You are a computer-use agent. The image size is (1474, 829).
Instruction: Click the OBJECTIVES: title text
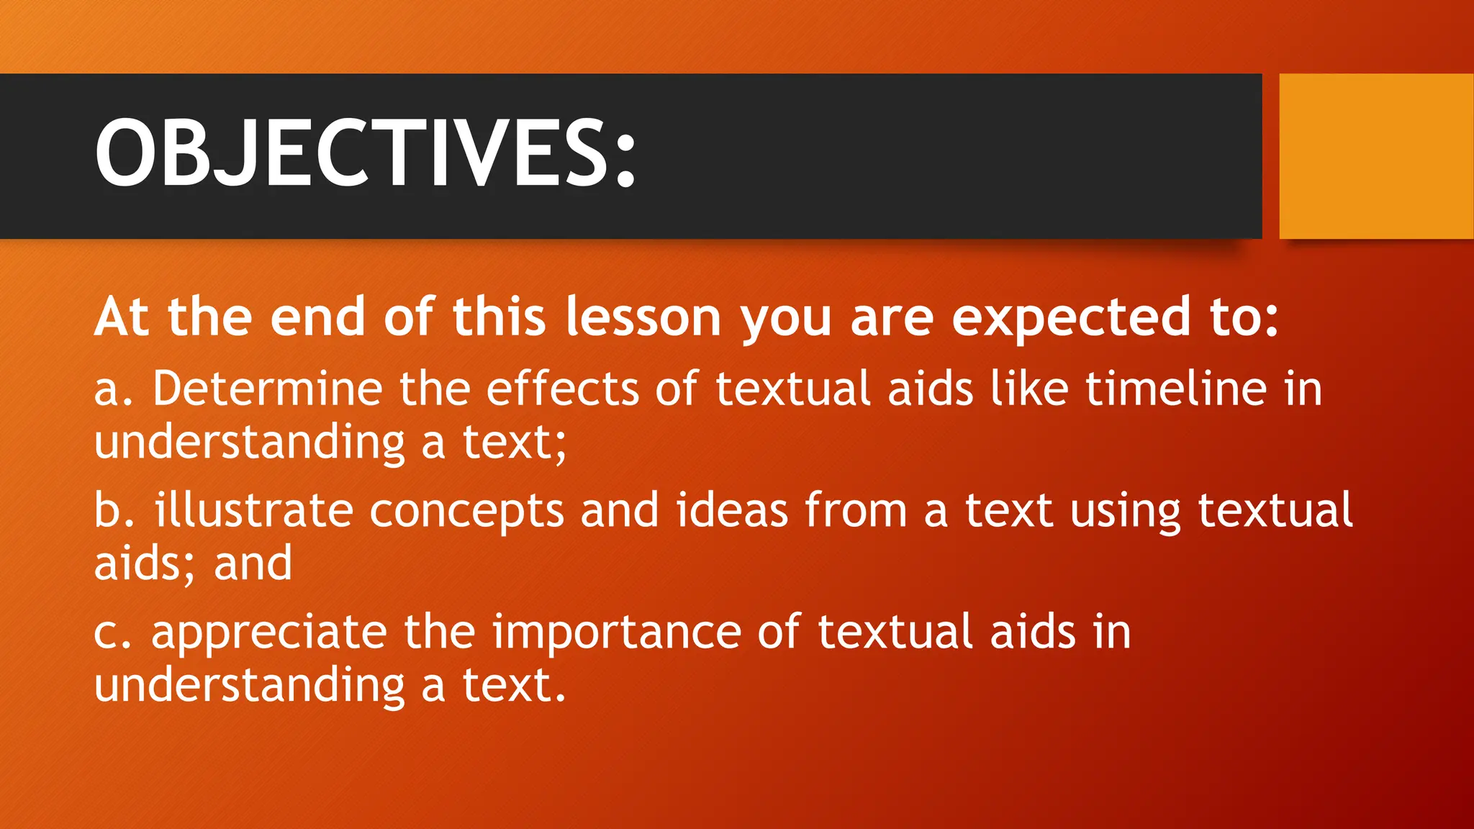pos(365,153)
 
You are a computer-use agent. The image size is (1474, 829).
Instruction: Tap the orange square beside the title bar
pos(1375,155)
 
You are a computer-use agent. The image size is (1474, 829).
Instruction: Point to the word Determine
pos(267,389)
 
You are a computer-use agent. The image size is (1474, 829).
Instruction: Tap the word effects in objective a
pos(562,389)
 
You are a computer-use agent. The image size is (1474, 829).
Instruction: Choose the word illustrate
pos(253,510)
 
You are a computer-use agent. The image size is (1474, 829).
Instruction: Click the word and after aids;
pos(253,563)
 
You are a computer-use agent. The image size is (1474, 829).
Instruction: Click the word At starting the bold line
pos(121,317)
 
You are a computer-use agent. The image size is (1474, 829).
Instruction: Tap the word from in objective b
pos(855,510)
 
